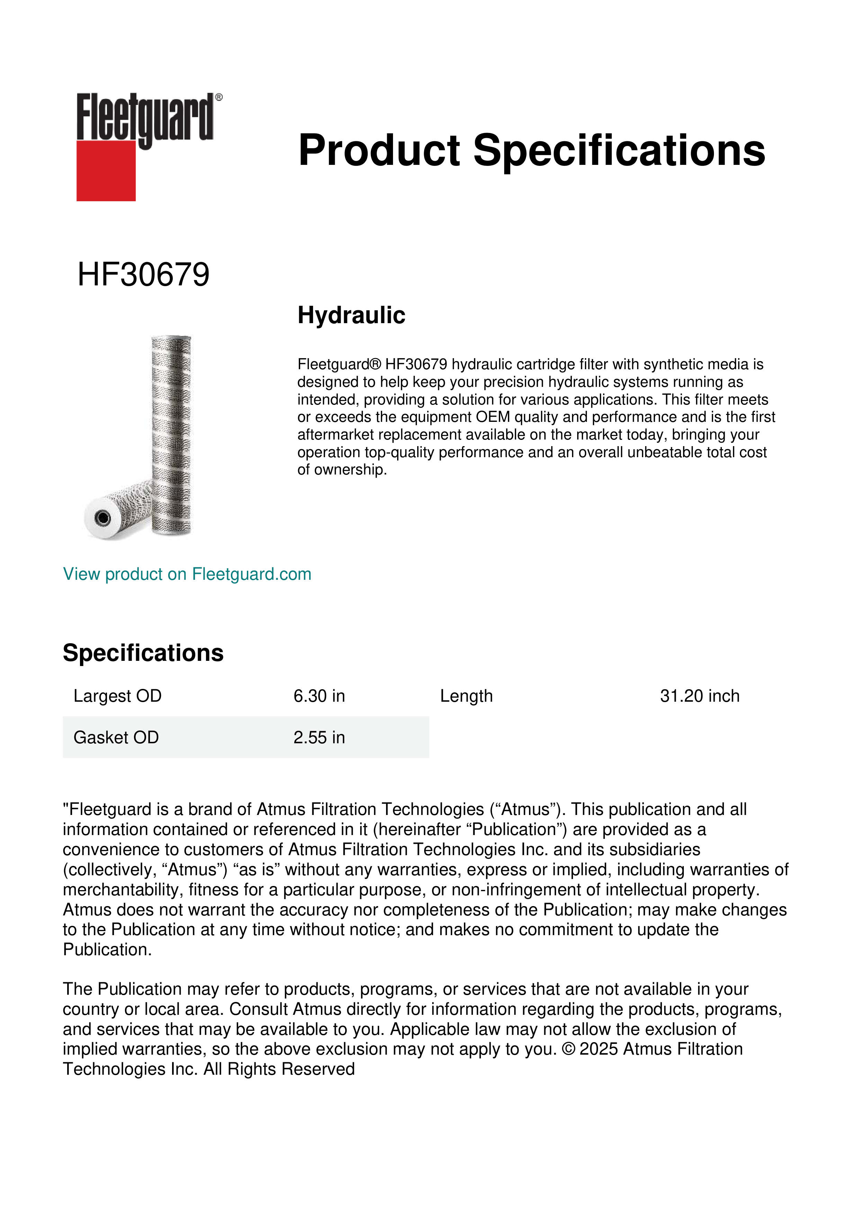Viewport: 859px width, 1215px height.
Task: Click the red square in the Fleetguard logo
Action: point(106,170)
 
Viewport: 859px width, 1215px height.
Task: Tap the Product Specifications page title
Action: point(531,150)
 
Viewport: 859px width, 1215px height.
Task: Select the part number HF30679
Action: point(143,275)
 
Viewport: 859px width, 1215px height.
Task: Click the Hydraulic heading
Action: point(351,316)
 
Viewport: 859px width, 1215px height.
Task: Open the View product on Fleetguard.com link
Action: point(187,574)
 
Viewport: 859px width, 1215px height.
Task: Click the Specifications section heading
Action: point(143,653)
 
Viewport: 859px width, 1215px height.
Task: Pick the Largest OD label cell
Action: point(117,696)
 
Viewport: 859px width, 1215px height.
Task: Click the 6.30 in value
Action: point(319,696)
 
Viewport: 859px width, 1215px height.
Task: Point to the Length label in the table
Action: point(466,696)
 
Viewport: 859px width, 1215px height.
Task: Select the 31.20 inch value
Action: point(699,696)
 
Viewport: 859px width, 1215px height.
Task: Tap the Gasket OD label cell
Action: point(116,737)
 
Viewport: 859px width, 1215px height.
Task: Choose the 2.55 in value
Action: point(319,737)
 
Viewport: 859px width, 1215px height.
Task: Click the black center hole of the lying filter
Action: point(102,517)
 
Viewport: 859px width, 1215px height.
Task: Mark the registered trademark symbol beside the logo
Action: point(219,97)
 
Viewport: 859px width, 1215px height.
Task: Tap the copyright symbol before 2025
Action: point(569,1049)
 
